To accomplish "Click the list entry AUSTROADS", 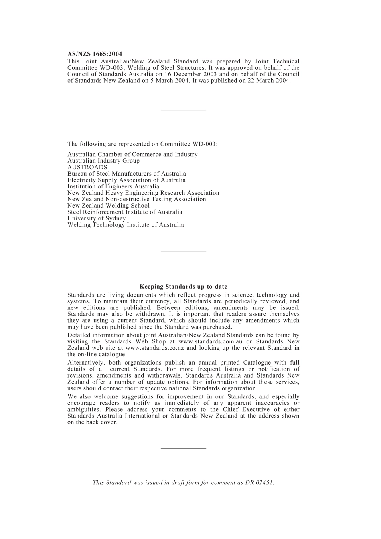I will [x=87, y=167].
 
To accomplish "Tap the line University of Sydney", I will [x=96, y=218].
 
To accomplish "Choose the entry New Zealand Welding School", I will [x=108, y=206].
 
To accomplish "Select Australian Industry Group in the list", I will [x=103, y=161].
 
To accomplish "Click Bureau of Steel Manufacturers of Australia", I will [x=127, y=174].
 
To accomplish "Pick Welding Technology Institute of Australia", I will [x=126, y=225].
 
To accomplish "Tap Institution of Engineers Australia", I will [x=113, y=186].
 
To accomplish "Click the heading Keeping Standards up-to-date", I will [x=183, y=287].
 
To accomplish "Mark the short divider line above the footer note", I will [x=183, y=448].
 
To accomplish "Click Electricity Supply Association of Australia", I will [x=126, y=180].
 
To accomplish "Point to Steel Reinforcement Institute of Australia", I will [x=125, y=212].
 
